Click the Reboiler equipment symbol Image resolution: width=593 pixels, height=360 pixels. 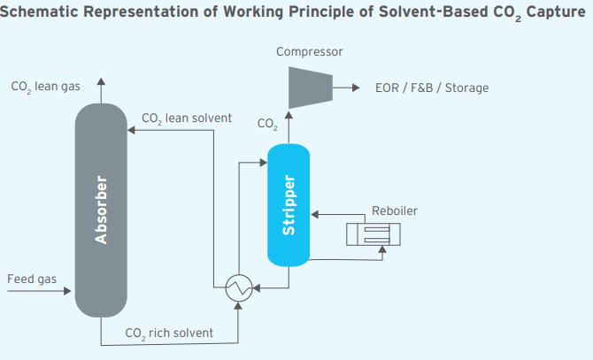click(373, 234)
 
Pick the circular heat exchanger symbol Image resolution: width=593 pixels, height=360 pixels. click(239, 287)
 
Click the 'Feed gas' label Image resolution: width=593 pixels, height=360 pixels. click(32, 280)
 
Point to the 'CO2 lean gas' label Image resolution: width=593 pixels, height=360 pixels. click(45, 88)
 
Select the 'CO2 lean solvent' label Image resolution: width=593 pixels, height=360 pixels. click(187, 119)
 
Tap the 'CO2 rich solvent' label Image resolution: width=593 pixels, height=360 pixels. click(168, 333)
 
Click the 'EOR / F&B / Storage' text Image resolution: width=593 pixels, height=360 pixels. click(432, 88)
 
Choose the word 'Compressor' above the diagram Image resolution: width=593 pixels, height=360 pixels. click(309, 51)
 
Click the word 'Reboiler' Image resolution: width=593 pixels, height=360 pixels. click(395, 211)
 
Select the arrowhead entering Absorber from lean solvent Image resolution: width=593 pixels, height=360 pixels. click(131, 130)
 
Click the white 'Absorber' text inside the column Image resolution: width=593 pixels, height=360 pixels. click(101, 210)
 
